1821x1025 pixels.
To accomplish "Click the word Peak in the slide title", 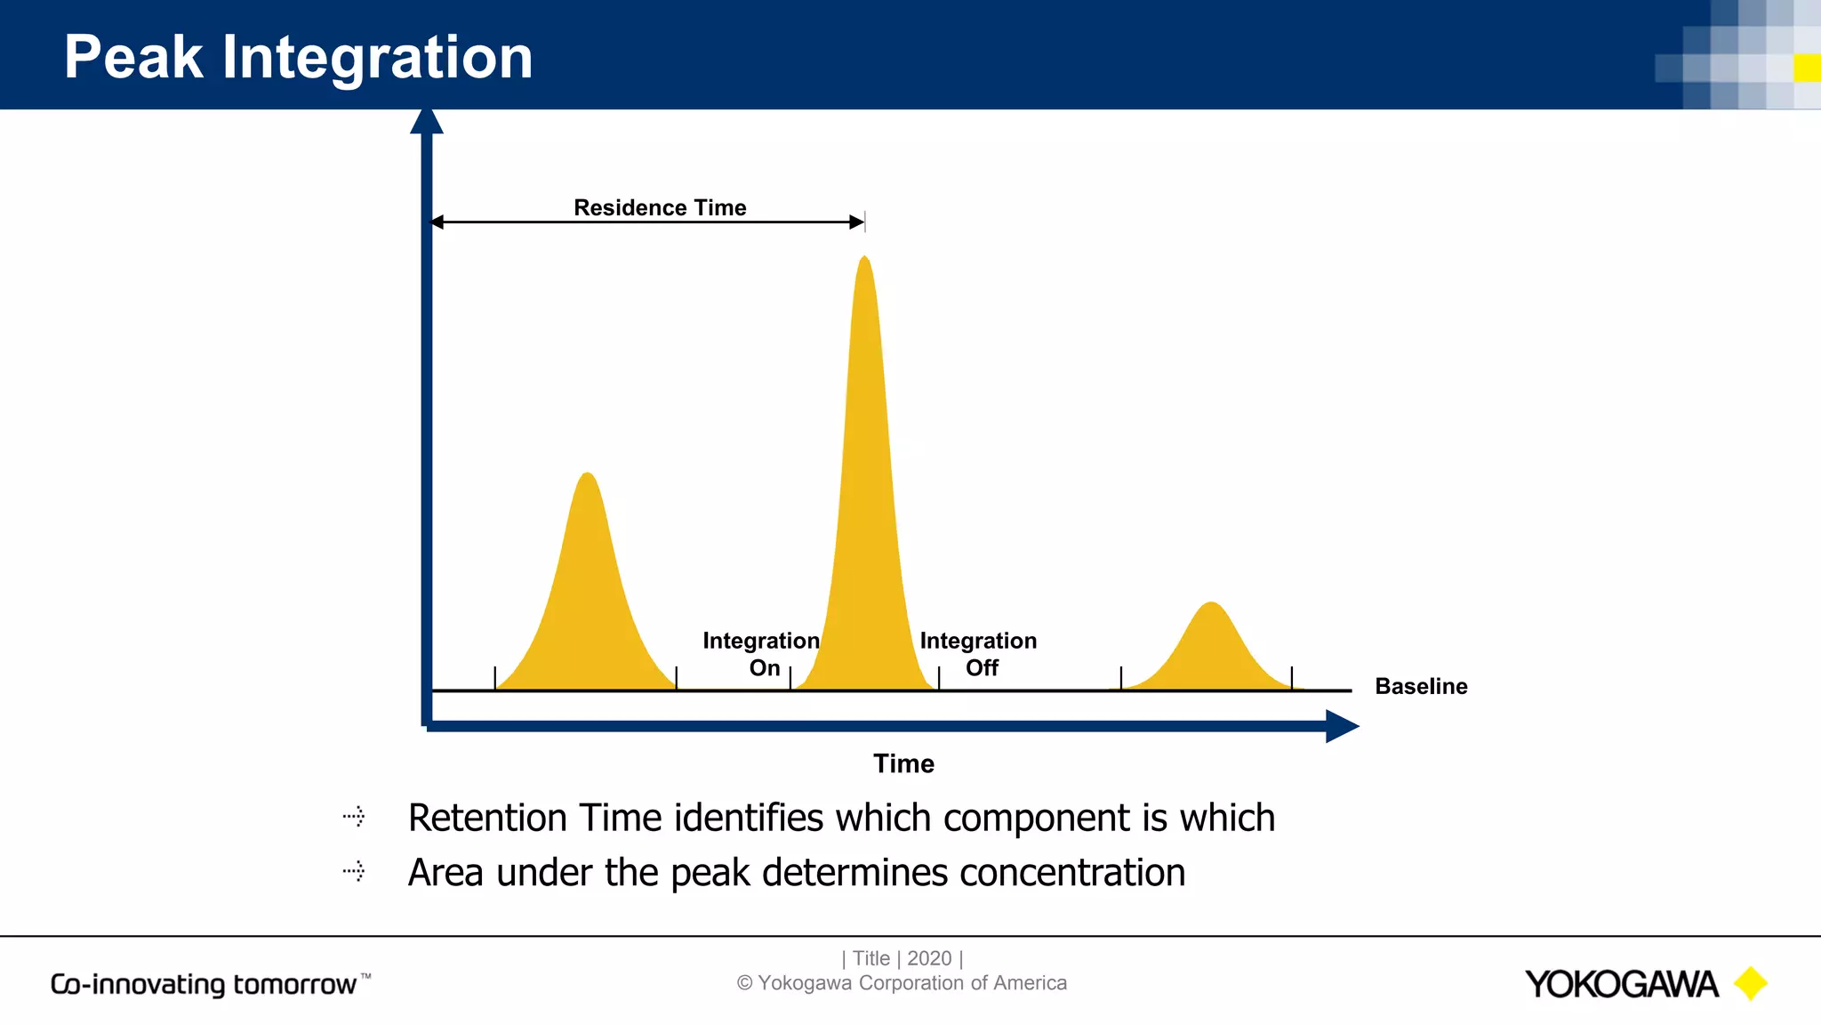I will coord(133,58).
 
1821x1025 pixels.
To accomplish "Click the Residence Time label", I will coord(660,207).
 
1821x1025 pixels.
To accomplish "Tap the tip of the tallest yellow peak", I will coord(864,259).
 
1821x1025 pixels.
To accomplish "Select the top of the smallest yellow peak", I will coord(1211,605).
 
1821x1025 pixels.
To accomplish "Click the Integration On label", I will coord(762,654).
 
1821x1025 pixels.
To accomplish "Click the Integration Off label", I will coord(978,654).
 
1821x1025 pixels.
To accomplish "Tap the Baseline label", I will coord(1421,686).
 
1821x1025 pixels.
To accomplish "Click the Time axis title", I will coord(903,763).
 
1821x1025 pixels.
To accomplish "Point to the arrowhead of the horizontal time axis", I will coord(1342,726).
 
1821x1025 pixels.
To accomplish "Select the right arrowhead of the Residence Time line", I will coord(857,222).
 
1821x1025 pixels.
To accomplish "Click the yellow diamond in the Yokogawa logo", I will coord(1751,983).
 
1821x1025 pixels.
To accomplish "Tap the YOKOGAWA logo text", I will coord(1621,984).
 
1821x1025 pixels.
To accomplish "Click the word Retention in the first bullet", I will coord(487,818).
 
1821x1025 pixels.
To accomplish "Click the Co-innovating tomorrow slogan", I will coord(205,984).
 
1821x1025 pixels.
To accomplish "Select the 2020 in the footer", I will coord(929,958).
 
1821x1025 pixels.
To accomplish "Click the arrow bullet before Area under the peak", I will coord(354,871).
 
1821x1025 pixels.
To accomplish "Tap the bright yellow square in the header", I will coord(1806,68).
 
